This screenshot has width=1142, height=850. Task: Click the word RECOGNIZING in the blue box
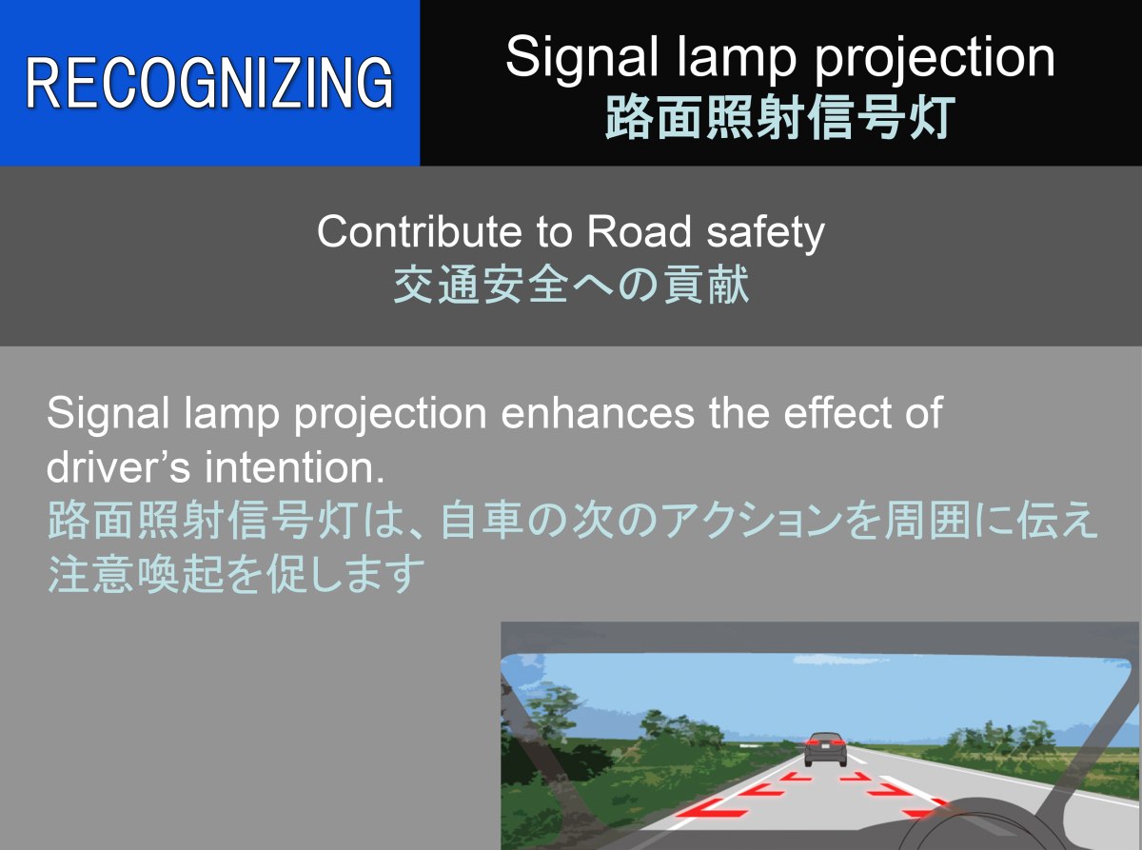[209, 83]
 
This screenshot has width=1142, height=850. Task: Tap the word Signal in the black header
[581, 58]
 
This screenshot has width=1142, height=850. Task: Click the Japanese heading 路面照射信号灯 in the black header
[780, 117]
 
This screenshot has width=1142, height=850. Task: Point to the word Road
[639, 232]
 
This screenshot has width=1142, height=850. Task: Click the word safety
[766, 234]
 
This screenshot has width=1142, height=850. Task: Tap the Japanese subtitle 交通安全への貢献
[571, 285]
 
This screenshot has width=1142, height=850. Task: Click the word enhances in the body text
[598, 413]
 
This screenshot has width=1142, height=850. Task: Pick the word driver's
[118, 466]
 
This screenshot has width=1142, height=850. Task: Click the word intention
[294, 466]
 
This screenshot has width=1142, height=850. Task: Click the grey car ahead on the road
[825, 749]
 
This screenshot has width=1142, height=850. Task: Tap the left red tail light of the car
[812, 742]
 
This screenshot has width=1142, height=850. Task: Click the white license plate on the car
[826, 744]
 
